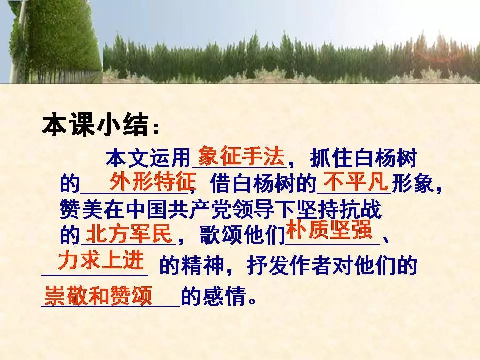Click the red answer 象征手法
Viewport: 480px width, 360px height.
pos(241,156)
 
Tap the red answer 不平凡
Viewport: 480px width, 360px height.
pos(356,182)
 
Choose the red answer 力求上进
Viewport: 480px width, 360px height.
pos(101,260)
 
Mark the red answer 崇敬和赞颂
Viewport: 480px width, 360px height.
pos(98,296)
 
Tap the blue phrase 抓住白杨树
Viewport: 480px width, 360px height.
pos(363,158)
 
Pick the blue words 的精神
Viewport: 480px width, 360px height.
pos(191,265)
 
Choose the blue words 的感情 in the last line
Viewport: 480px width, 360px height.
pos(213,296)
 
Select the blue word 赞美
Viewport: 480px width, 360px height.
pos(81,210)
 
